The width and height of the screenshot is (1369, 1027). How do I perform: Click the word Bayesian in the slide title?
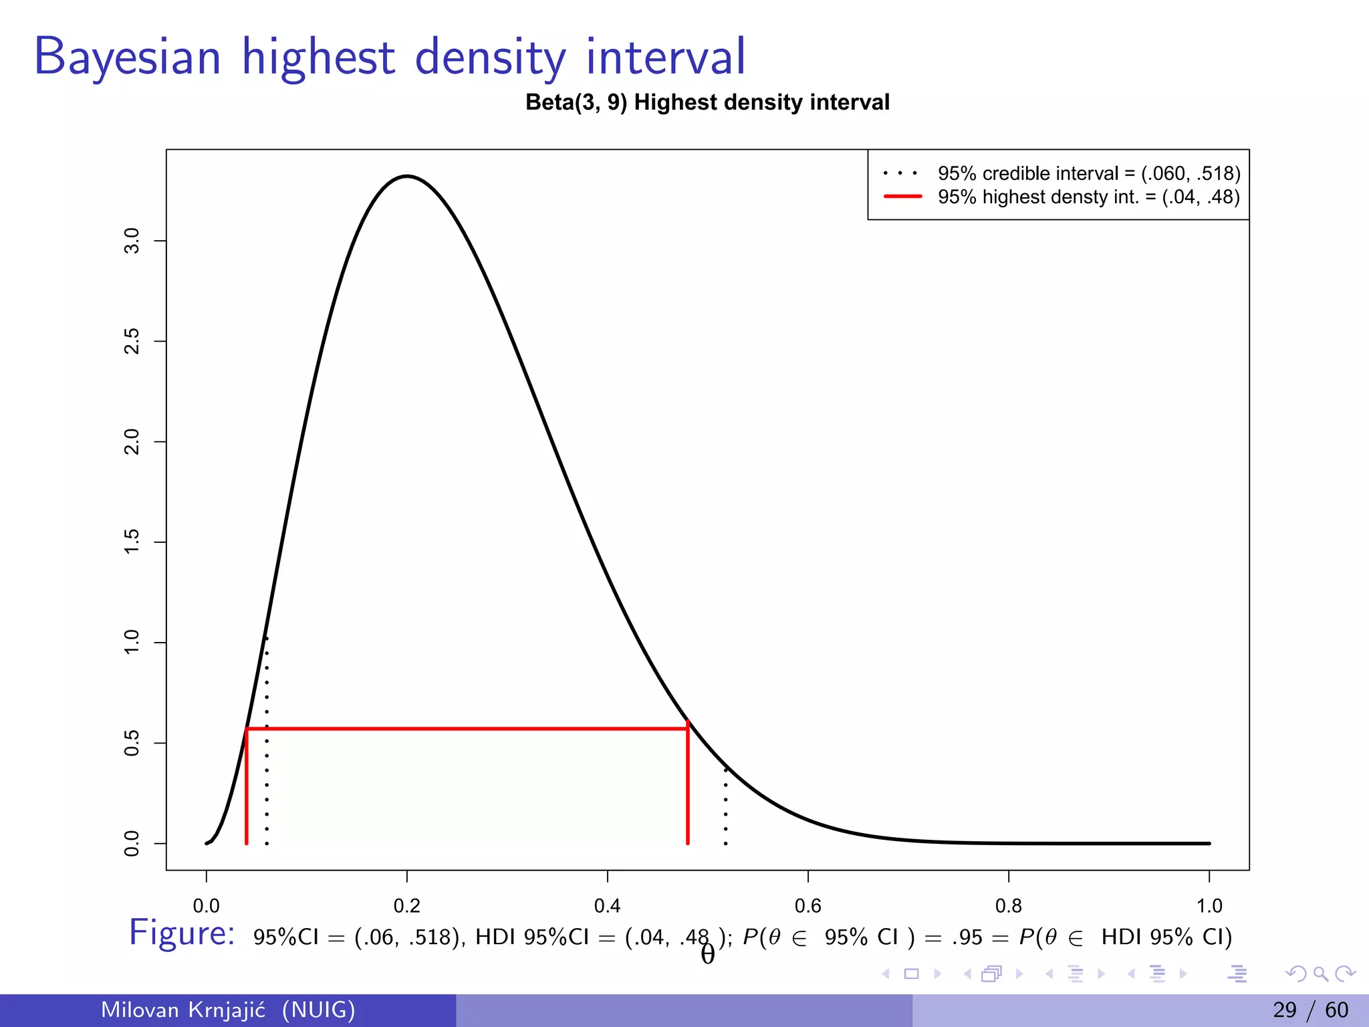[127, 57]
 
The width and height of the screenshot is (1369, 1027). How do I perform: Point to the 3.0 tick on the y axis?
[132, 241]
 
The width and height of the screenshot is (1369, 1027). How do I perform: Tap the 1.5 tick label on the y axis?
[132, 542]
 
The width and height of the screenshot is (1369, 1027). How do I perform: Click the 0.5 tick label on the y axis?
[132, 743]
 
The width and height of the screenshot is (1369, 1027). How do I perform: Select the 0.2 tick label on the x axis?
[406, 906]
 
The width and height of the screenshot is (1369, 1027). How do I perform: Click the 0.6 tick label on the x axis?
[807, 906]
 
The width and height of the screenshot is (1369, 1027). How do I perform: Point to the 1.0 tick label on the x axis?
[1209, 906]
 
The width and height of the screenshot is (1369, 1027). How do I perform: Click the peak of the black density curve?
[407, 176]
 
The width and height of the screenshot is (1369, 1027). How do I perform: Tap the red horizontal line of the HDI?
[468, 728]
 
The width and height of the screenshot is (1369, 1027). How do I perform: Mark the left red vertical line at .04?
[247, 789]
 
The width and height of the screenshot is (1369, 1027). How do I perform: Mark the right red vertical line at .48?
[688, 789]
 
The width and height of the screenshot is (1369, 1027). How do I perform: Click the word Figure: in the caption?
[182, 933]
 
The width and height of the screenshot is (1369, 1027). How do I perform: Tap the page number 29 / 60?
[1310, 1010]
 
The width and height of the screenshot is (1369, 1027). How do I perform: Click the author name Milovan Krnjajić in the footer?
[182, 1010]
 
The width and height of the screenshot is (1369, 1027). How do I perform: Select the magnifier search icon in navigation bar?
[1320, 974]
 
